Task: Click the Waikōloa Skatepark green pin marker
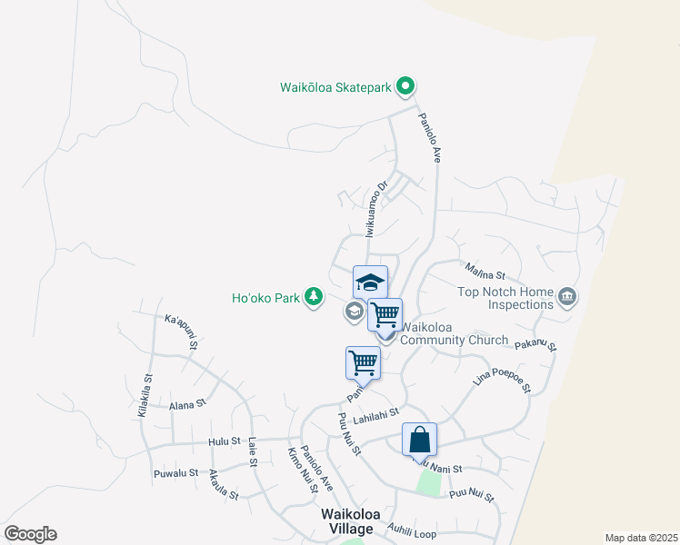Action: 406,87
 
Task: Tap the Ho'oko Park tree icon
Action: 314,297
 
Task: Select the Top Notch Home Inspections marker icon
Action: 568,296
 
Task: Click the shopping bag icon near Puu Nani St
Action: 420,440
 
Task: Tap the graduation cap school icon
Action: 370,282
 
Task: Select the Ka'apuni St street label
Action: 181,332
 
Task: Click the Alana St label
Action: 188,403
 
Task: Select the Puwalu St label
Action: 175,473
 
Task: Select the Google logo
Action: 30,534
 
